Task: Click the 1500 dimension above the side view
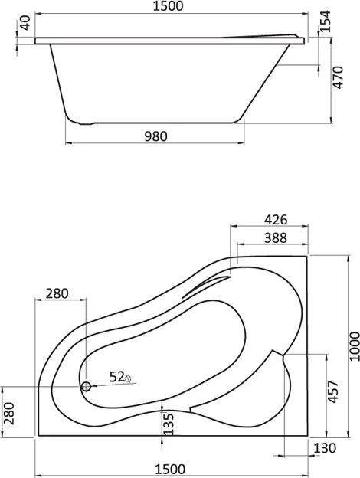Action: tap(168, 6)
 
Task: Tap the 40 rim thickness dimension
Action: tap(26, 23)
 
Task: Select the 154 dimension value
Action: tap(326, 21)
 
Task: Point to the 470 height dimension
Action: tap(338, 77)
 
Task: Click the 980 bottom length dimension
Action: tap(155, 136)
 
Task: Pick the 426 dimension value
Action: tap(276, 220)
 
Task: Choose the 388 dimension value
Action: tap(276, 237)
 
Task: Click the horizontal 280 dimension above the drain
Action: tap(57, 293)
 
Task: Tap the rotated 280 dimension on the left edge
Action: tap(9, 414)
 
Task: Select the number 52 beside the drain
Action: tap(117, 377)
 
